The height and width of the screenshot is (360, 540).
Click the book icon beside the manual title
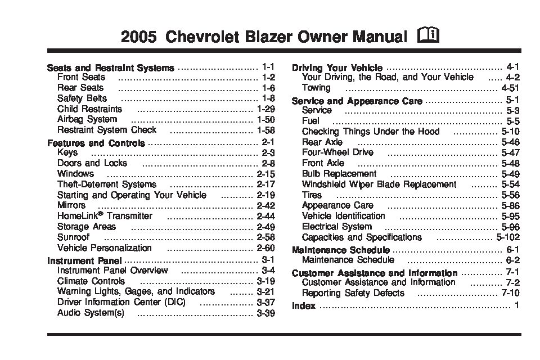pos(429,37)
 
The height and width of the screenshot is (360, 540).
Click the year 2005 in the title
pos(139,38)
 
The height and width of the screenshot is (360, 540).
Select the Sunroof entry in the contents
pos(73,237)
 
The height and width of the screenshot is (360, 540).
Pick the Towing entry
pos(316,88)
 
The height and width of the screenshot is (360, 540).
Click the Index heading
pos(304,306)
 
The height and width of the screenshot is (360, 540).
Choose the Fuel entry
pos(310,121)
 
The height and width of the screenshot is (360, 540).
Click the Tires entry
pos(312,195)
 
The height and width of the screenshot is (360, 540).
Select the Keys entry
pos(67,152)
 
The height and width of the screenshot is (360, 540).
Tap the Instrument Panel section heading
pos(84,260)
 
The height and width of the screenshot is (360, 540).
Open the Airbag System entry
pos(87,119)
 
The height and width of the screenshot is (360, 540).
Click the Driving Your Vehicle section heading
pos(337,67)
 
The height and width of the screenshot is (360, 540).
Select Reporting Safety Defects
pos(353,293)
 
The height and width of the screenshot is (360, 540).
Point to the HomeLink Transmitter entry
pos(105,216)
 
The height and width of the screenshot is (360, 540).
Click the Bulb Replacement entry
pos(339,174)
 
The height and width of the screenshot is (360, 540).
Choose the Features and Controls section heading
pos(96,143)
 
